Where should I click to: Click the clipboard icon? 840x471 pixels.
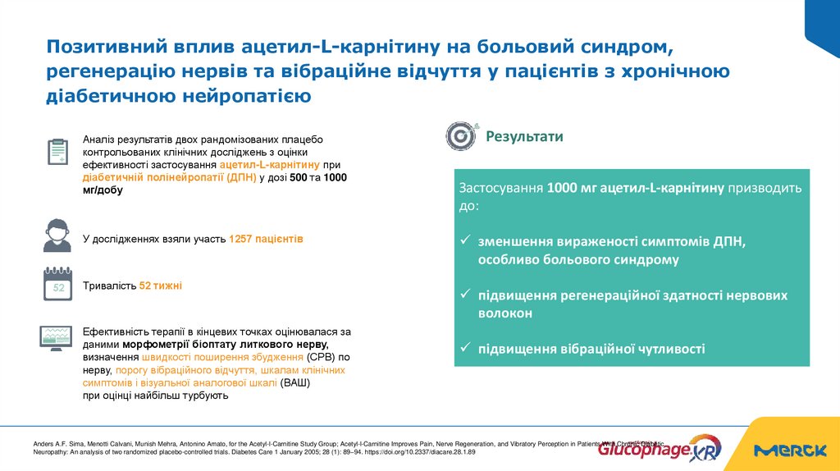57,153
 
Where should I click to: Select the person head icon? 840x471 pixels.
57,235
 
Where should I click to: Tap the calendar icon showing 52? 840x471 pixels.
57,284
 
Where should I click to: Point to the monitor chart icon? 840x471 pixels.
57,336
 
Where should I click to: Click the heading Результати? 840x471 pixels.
524,136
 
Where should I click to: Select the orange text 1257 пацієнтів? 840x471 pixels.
266,239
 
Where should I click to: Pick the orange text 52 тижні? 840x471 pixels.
161,286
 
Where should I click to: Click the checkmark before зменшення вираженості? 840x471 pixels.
464,241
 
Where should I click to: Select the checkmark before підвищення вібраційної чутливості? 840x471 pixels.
464,349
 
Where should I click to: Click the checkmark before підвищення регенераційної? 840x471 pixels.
464,295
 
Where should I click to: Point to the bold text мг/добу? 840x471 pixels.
103,190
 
